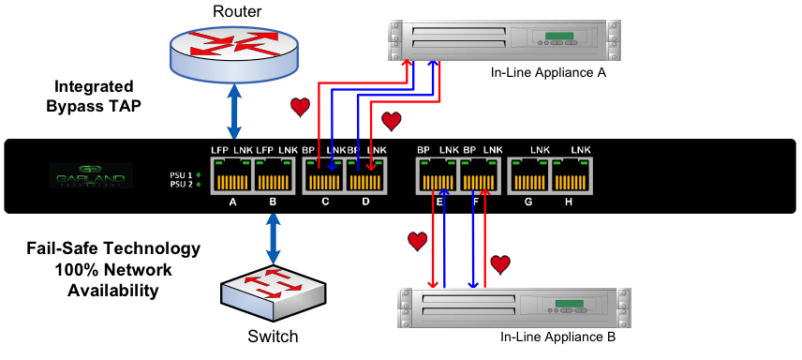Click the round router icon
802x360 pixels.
[233, 52]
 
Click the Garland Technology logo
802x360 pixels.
[91, 175]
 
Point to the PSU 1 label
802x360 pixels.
[181, 175]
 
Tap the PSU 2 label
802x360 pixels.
[181, 185]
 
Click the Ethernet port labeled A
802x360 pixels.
[232, 176]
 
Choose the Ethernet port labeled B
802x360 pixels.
[274, 176]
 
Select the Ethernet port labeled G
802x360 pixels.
[529, 176]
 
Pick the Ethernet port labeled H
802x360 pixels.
[572, 176]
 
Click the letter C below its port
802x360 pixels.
[325, 202]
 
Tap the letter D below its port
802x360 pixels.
[365, 202]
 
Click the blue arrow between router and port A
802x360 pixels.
[234, 111]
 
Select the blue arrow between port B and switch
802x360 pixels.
[273, 238]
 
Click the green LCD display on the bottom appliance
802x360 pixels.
[572, 305]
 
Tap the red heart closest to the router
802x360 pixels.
[300, 107]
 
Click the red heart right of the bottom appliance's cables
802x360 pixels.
[500, 264]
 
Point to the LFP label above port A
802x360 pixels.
[219, 150]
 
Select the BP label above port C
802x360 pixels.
[309, 150]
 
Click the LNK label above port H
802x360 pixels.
[581, 150]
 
